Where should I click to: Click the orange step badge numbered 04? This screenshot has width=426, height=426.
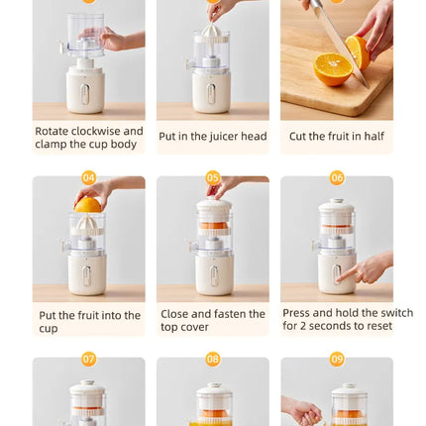coord(89,178)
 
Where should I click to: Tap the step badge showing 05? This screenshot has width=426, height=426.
coord(213,178)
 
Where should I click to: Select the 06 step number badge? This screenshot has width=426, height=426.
coord(337,178)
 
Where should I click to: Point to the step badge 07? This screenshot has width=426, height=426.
coord(89,359)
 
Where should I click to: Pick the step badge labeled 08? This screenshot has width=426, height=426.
coord(213,359)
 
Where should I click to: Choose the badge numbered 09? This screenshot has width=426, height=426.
coord(337,359)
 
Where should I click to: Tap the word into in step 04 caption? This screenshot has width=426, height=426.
coord(126,315)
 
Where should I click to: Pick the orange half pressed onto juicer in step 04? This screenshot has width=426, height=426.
coord(88,204)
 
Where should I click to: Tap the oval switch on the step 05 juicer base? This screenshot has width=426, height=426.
coord(212,273)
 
